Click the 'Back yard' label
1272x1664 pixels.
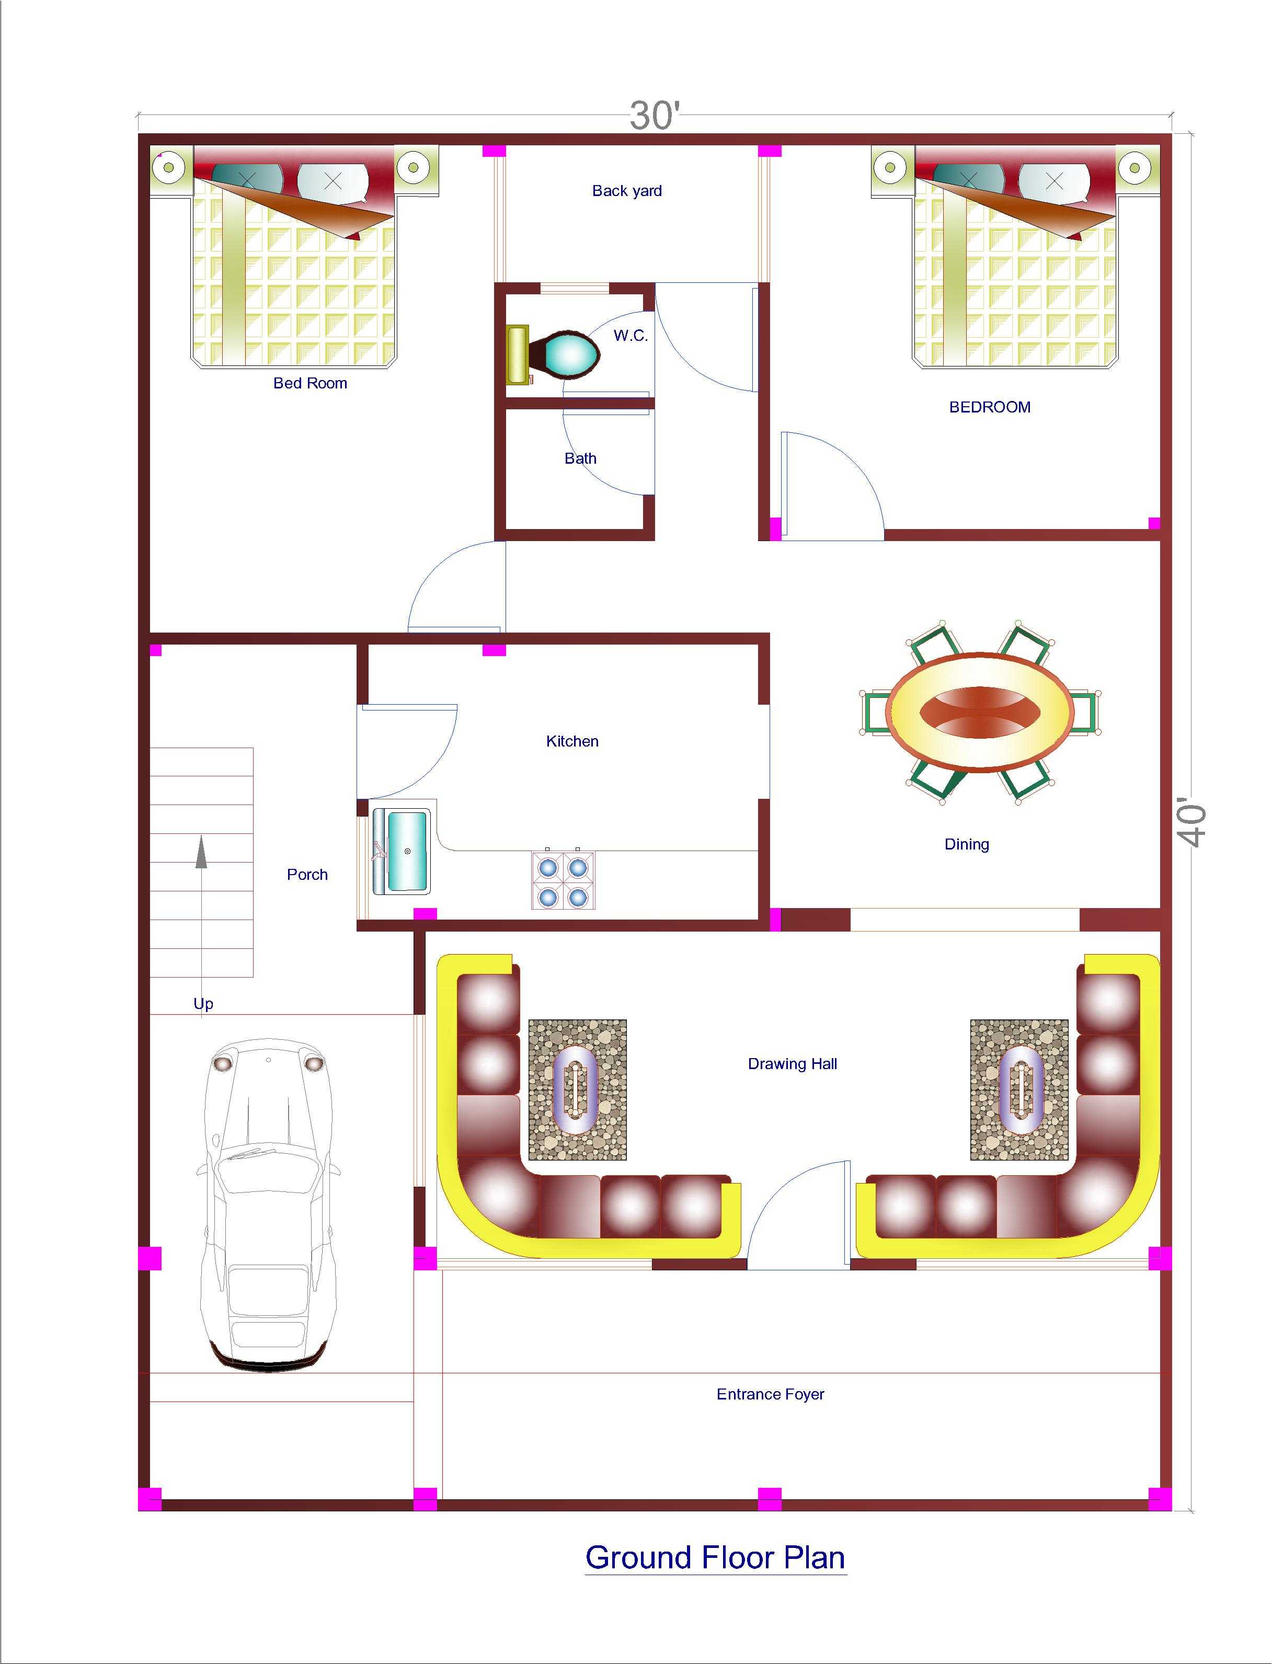[627, 191]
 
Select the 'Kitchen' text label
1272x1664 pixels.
[572, 741]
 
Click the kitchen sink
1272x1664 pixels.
[402, 852]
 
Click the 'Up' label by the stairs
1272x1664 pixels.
[203, 1003]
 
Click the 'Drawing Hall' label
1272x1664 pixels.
[793, 1064]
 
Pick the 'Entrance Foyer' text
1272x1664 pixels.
[770, 1394]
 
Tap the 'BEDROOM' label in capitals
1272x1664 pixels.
[990, 407]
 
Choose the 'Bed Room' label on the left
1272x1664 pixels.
[311, 383]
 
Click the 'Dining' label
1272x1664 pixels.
[967, 844]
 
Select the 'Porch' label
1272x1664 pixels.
[307, 875]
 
